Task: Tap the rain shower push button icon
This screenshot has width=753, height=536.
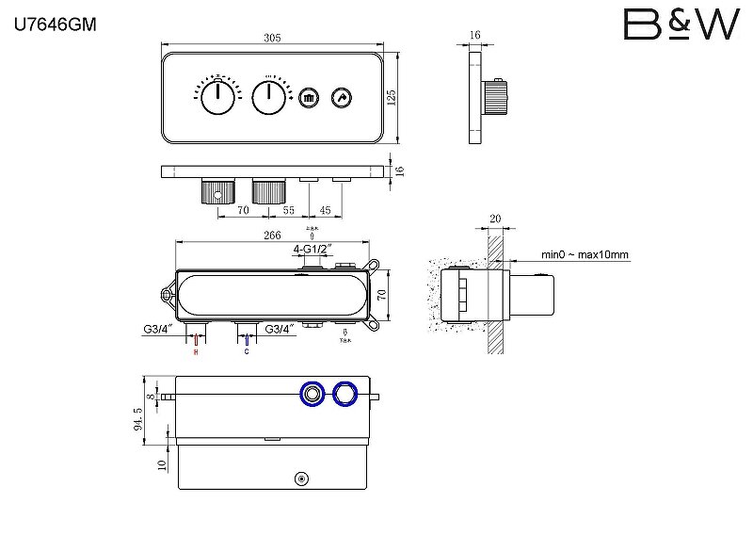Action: (311, 96)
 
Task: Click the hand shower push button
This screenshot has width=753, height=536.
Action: (341, 96)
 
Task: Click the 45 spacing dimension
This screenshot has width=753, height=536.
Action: (325, 212)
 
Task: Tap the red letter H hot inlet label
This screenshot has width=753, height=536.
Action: (196, 352)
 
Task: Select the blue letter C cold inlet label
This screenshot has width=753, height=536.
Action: (247, 352)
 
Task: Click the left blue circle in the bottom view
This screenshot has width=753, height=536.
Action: (312, 394)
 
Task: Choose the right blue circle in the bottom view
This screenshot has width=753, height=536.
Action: (345, 394)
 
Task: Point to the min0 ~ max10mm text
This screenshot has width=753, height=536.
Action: (585, 254)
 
